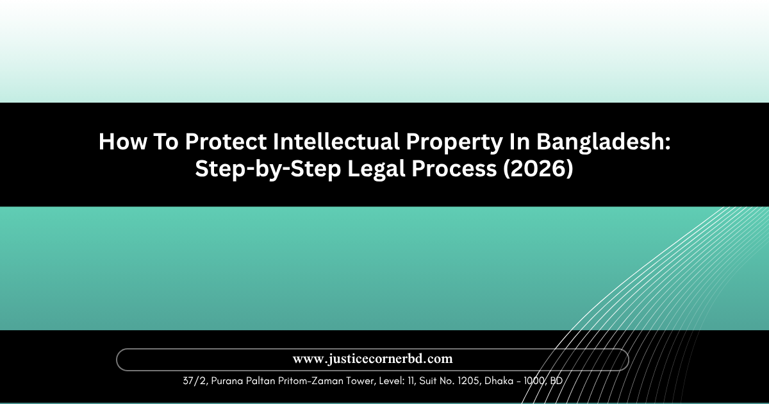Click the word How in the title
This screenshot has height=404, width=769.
pyautogui.click(x=122, y=142)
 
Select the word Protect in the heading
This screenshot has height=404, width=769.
pyautogui.click(x=226, y=142)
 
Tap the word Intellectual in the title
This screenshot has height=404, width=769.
pyautogui.click(x=336, y=142)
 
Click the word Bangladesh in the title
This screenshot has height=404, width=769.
pyautogui.click(x=600, y=142)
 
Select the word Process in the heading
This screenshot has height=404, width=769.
pyautogui.click(x=454, y=169)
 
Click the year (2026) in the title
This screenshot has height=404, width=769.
pyautogui.click(x=538, y=169)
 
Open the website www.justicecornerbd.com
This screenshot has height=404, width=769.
pyautogui.click(x=372, y=359)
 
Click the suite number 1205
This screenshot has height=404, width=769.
pyautogui.click(x=468, y=381)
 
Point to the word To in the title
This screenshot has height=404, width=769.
pyautogui.click(x=166, y=142)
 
